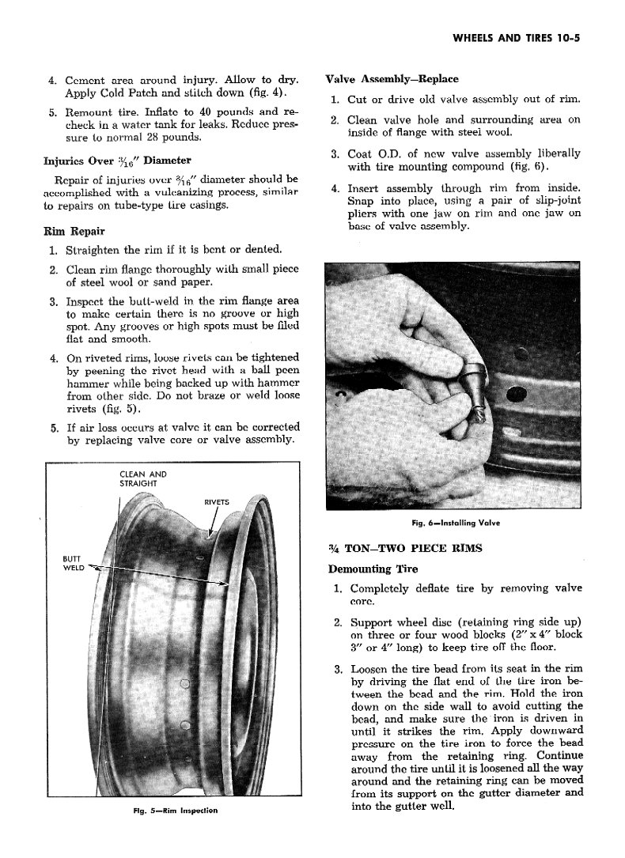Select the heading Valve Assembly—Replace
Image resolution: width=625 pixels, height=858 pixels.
click(392, 79)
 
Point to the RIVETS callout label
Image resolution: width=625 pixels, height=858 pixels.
click(217, 501)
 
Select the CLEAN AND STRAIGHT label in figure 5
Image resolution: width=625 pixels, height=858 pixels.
click(142, 478)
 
